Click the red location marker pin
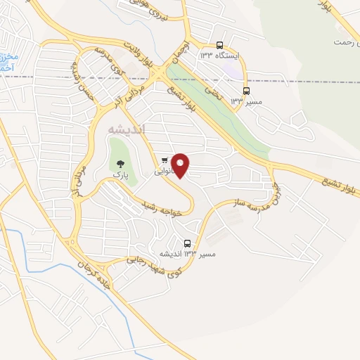click(181, 165)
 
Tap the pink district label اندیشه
click(127, 130)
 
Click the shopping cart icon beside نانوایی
click(165, 160)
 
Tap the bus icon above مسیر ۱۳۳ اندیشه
click(187, 243)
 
